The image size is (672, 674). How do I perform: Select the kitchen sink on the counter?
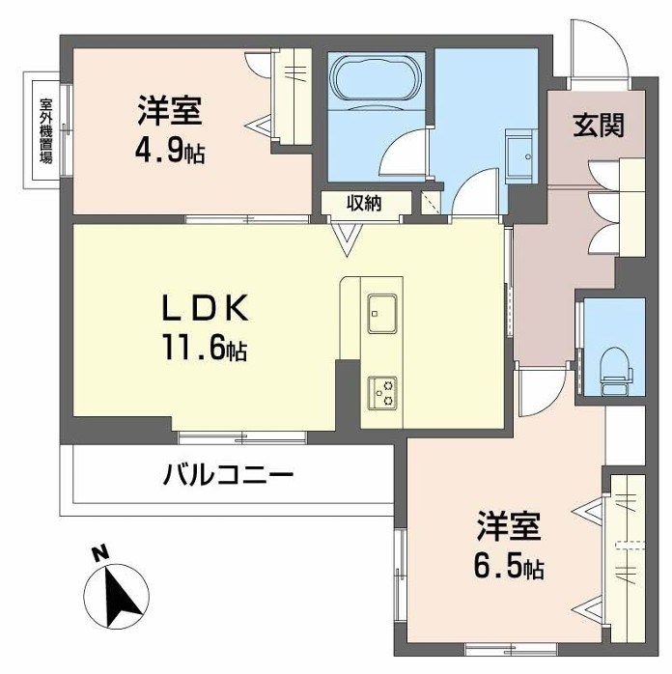tap(381, 310)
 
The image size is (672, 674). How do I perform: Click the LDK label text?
tap(206, 309)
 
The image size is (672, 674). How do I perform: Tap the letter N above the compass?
tap(98, 554)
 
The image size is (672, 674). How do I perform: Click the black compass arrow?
tap(119, 596)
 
